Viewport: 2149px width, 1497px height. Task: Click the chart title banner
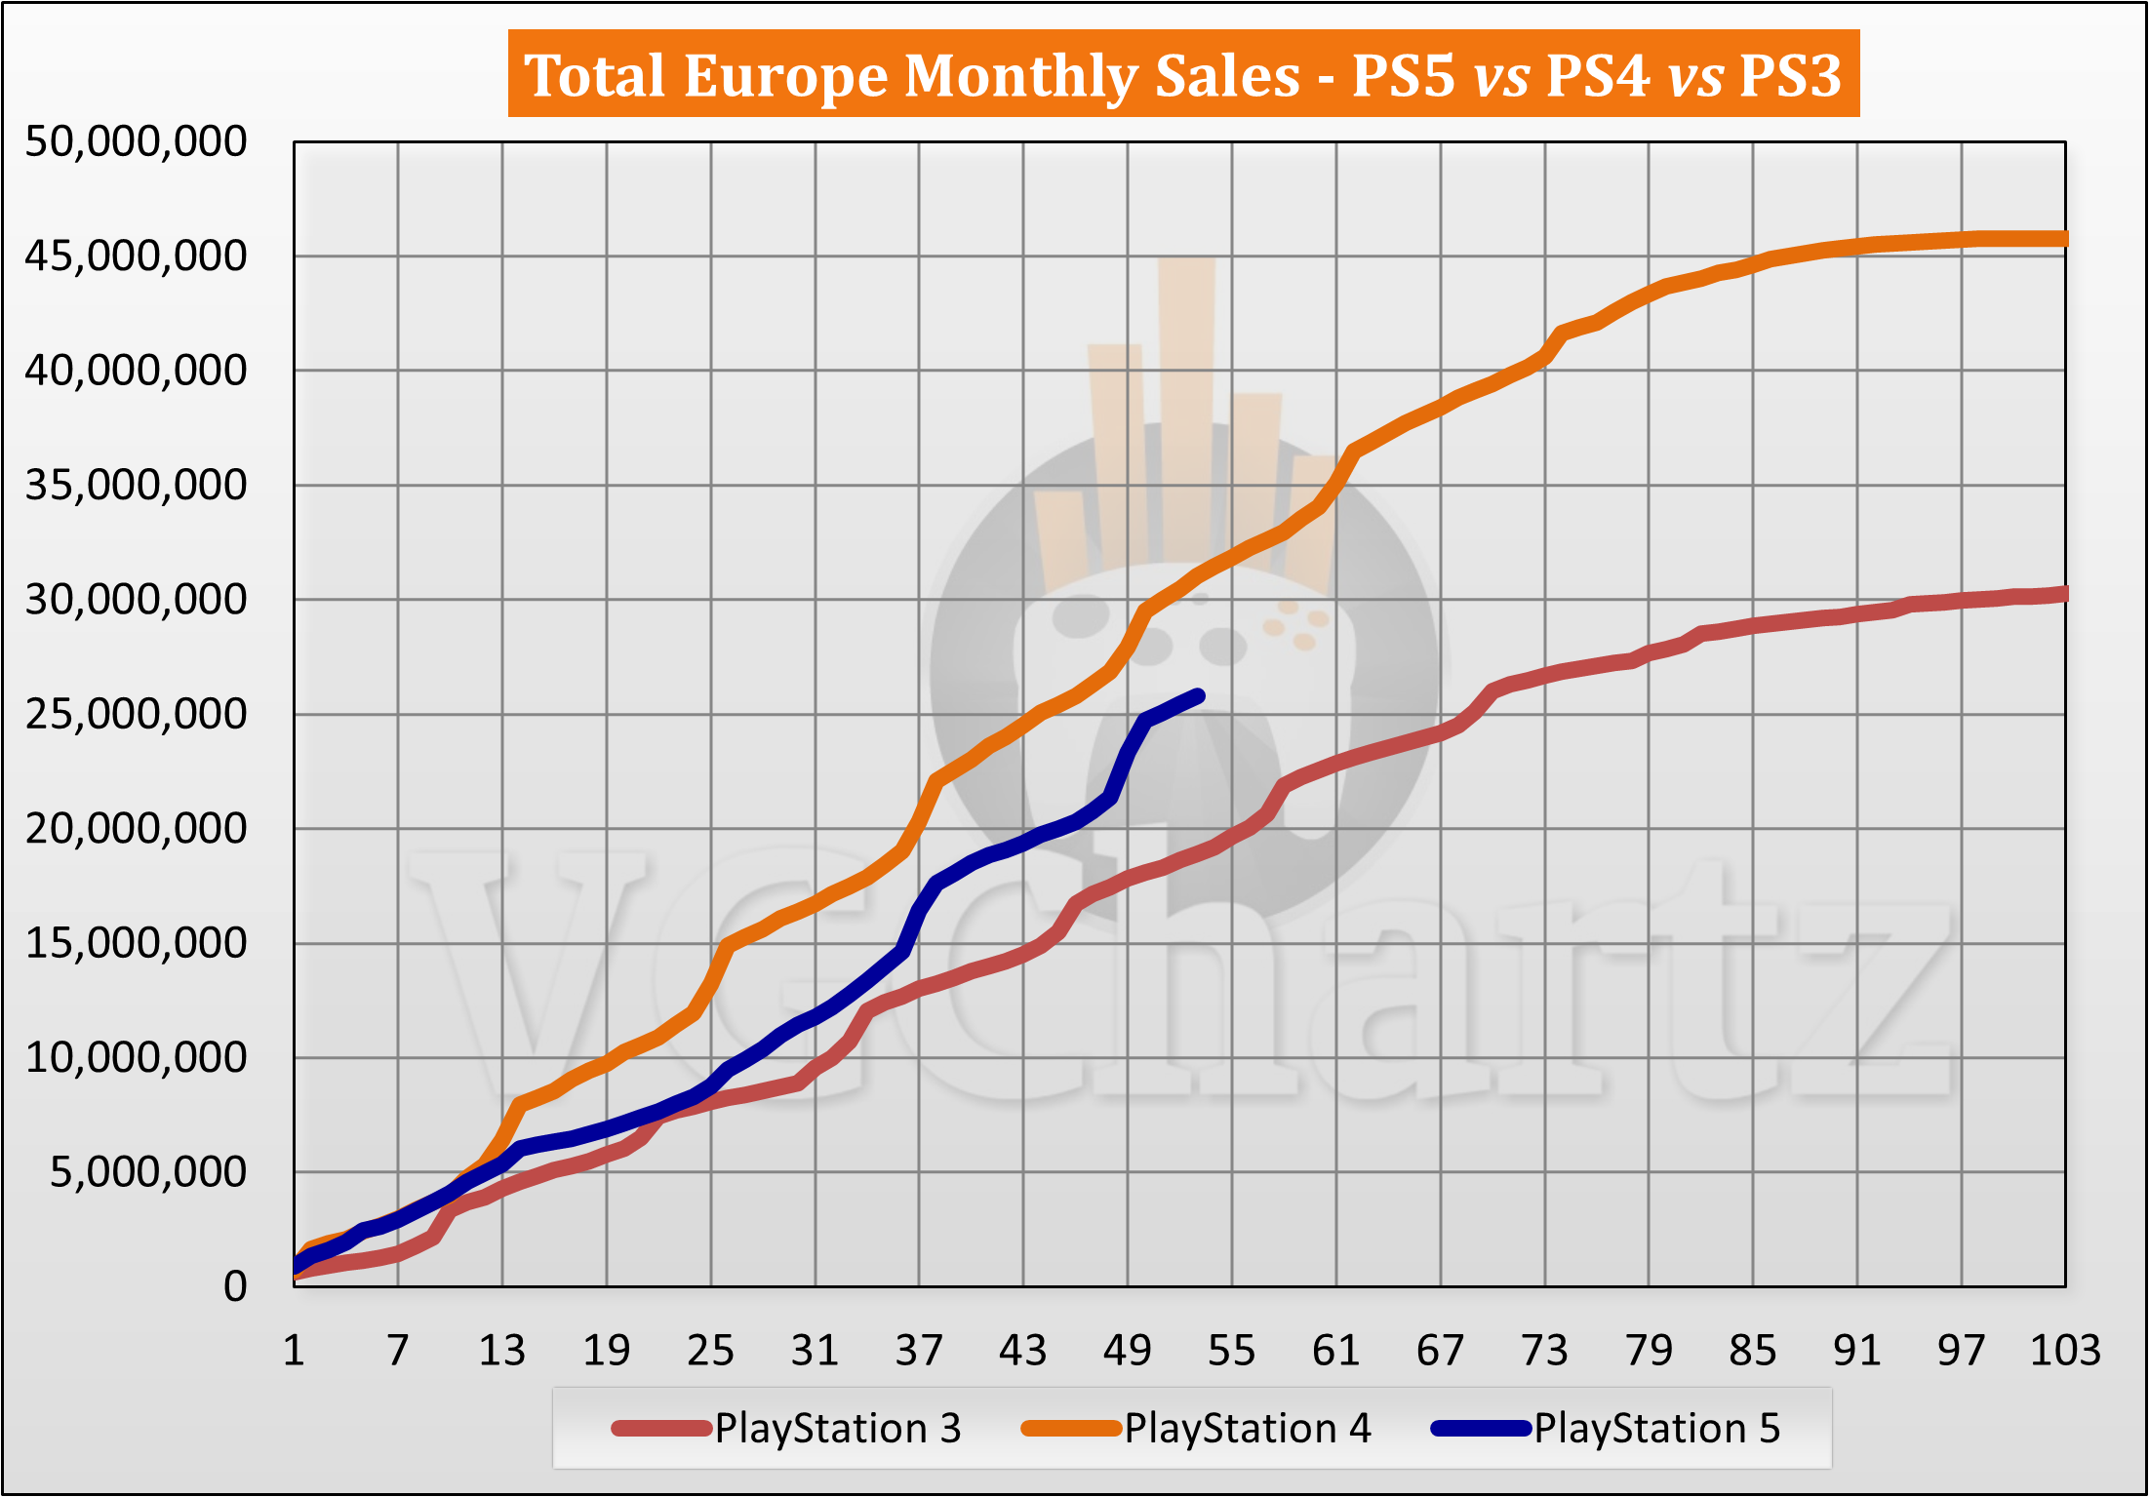pyautogui.click(x=1182, y=74)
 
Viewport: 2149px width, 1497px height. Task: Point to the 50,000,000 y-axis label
pyautogui.click(x=137, y=142)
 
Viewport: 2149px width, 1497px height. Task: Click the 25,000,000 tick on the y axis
pyautogui.click(x=137, y=715)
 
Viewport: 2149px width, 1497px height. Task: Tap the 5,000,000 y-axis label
pyautogui.click(x=148, y=1172)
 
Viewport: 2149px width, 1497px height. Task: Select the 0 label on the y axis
pyautogui.click(x=235, y=1287)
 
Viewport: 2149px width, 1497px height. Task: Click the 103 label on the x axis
pyautogui.click(x=2064, y=1351)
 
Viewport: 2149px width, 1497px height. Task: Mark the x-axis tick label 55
pyautogui.click(x=1231, y=1351)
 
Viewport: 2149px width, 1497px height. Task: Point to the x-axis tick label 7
pyautogui.click(x=397, y=1351)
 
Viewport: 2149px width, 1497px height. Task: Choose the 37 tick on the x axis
pyautogui.click(x=919, y=1351)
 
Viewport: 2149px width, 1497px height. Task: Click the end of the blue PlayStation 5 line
pyautogui.click(x=1199, y=696)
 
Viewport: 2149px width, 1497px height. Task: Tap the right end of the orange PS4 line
pyautogui.click(x=2062, y=239)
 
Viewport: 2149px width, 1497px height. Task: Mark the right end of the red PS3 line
pyautogui.click(x=2062, y=594)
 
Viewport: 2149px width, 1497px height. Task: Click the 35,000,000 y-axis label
pyautogui.click(x=137, y=486)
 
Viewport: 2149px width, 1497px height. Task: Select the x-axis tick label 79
pyautogui.click(x=1649, y=1351)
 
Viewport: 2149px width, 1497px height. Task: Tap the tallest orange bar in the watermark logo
pyautogui.click(x=1187, y=410)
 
